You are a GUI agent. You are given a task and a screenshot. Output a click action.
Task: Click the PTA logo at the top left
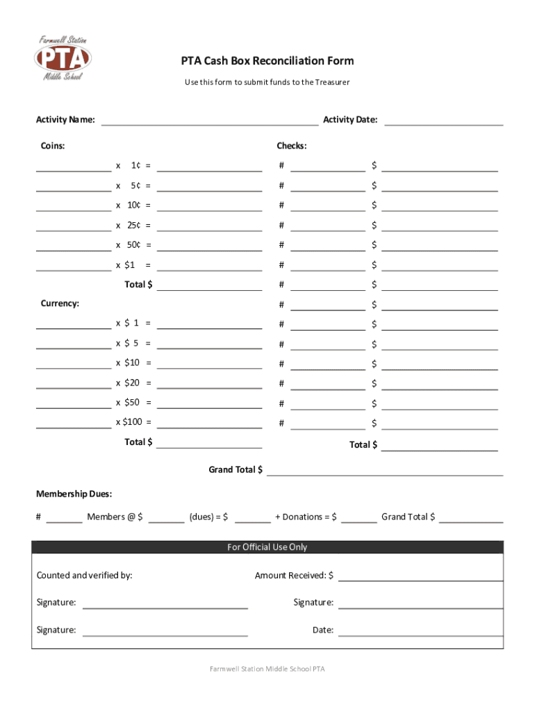tap(63, 58)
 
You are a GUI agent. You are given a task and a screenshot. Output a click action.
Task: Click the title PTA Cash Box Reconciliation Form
tap(267, 61)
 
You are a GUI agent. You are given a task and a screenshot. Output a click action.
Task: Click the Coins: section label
tap(53, 146)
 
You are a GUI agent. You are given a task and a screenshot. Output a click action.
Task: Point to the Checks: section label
tap(292, 146)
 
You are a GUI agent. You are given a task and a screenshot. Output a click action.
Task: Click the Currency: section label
tap(60, 303)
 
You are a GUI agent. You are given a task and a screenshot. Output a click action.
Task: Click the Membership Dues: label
tap(74, 494)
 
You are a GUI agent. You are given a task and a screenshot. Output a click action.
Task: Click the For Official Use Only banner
tap(267, 547)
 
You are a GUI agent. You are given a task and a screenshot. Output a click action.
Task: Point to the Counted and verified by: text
tap(84, 575)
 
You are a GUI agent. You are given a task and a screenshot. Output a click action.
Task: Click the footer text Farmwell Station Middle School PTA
tap(267, 669)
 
